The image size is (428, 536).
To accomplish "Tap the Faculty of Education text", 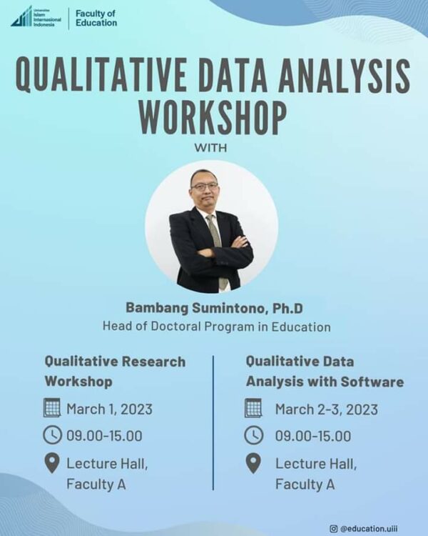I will click(x=96, y=18).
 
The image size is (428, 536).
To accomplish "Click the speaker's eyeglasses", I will click(x=205, y=186).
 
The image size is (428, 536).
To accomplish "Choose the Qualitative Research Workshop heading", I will click(x=115, y=371).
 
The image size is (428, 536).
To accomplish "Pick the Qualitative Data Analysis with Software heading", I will click(x=325, y=371).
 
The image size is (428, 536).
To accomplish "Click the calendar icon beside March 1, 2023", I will click(x=52, y=408).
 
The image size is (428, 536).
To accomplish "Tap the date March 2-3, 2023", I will click(x=326, y=410).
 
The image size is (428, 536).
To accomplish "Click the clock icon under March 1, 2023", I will click(x=52, y=435).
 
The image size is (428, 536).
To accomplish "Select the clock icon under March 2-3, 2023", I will click(x=254, y=435).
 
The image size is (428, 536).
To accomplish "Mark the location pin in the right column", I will click(x=254, y=462).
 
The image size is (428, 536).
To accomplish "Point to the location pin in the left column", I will click(x=52, y=462).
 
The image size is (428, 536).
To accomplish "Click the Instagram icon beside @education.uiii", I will click(x=333, y=528).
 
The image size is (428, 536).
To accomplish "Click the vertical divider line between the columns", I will click(x=213, y=422).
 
